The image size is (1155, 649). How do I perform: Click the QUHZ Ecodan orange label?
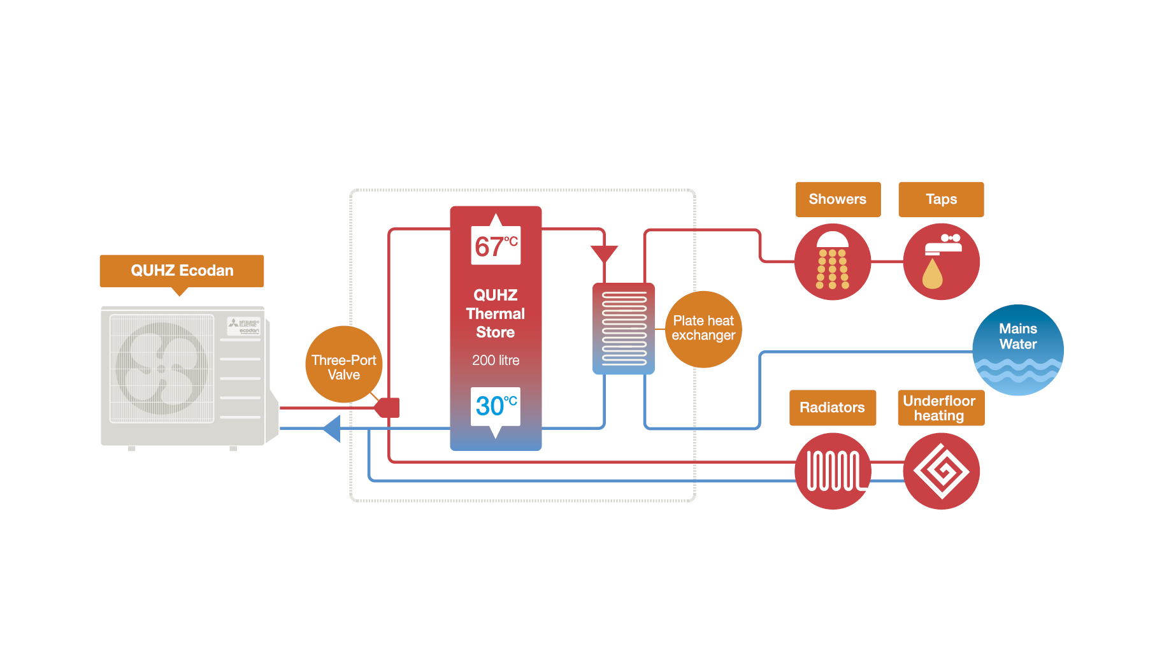[x=182, y=271]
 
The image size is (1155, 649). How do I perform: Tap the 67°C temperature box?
[x=496, y=246]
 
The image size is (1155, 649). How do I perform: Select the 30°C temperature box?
[x=496, y=406]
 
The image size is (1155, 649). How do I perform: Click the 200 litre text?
[x=496, y=360]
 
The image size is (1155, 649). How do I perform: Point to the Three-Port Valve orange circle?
[x=343, y=364]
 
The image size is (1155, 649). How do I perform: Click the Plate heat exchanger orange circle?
[x=703, y=329]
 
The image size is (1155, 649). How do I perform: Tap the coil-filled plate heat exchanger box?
[x=624, y=329]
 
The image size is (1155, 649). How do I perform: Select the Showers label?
[x=837, y=199]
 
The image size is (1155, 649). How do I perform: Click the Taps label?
[x=941, y=199]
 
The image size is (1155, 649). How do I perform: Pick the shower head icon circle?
[x=832, y=262]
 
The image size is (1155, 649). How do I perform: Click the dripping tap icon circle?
[x=941, y=262]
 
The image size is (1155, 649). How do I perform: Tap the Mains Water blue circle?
[x=1017, y=350]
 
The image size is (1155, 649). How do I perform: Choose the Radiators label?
[x=832, y=408]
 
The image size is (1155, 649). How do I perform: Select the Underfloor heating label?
[x=940, y=408]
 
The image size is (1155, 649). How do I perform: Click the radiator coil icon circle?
[x=833, y=471]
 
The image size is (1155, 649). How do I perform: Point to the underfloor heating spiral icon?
[x=941, y=471]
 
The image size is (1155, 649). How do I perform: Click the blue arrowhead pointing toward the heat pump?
[x=332, y=428]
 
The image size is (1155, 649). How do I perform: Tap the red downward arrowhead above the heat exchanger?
[x=604, y=253]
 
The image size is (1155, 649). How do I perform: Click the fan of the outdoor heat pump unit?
[x=161, y=368]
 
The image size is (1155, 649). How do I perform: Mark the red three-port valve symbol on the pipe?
[x=387, y=408]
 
